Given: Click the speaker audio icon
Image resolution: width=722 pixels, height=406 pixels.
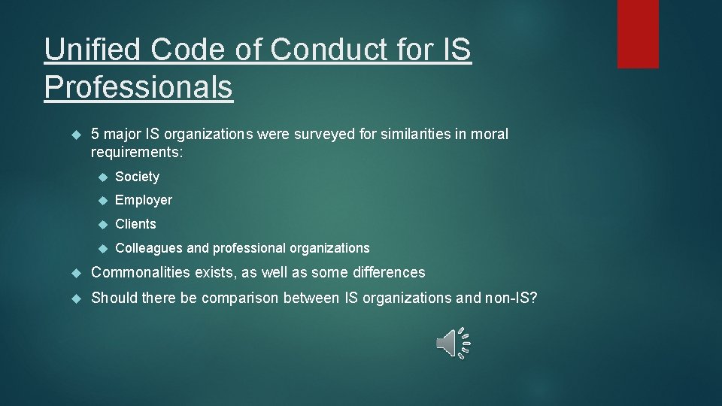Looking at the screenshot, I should tap(453, 343).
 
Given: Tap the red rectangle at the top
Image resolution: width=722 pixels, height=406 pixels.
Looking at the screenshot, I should tap(638, 34).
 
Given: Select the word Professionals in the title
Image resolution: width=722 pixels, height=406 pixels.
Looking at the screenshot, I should tap(138, 86).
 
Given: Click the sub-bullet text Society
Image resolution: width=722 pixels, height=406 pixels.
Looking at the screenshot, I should tap(137, 177).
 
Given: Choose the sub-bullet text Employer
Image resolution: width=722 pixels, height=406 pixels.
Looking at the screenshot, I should tap(144, 200).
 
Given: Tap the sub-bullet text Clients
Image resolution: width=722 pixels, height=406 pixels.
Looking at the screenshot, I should tap(135, 224).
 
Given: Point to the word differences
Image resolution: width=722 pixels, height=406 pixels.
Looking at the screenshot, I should tap(387, 272).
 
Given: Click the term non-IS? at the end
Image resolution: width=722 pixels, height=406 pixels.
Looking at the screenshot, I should tap(511, 298).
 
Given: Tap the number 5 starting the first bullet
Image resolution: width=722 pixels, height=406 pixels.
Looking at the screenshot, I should tap(96, 135).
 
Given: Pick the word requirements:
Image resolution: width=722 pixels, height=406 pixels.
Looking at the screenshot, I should tap(137, 153).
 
